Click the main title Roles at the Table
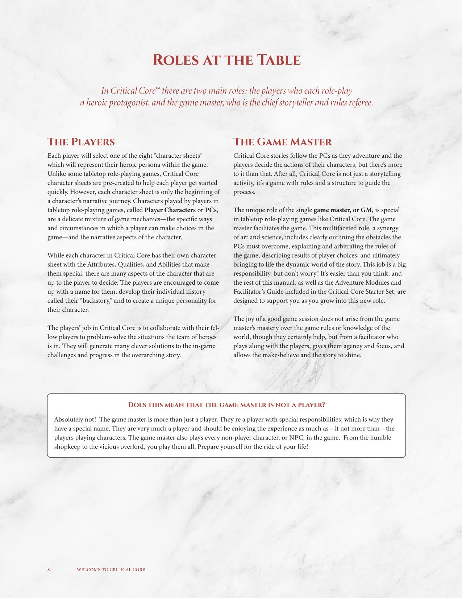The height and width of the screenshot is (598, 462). click(x=227, y=60)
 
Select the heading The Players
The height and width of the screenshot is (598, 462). click(x=81, y=142)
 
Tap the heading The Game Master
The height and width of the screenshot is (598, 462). click(x=283, y=142)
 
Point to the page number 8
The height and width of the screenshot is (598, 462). click(x=49, y=570)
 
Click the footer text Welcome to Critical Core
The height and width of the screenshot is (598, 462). click(x=111, y=570)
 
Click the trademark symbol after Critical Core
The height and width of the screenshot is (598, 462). click(x=158, y=88)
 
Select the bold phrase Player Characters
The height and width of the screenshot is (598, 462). click(x=170, y=210)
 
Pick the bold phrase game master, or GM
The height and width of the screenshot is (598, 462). click(x=343, y=210)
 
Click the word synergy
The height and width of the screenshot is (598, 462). click(x=387, y=228)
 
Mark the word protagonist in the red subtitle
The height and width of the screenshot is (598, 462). click(x=125, y=103)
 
